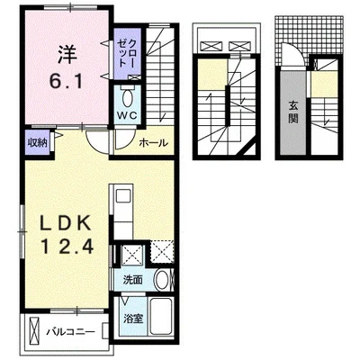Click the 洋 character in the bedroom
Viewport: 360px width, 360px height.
click(67, 54)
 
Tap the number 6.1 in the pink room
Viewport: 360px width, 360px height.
click(66, 81)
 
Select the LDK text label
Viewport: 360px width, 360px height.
click(66, 223)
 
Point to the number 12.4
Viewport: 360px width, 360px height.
click(67, 247)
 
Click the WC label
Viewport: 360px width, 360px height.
click(127, 115)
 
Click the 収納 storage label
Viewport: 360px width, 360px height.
click(38, 143)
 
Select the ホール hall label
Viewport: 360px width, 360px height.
click(153, 142)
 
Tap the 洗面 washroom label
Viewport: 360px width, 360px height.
click(132, 280)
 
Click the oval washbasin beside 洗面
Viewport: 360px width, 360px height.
click(162, 279)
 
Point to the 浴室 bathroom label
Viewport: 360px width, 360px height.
click(133, 319)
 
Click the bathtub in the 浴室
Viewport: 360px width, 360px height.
click(161, 317)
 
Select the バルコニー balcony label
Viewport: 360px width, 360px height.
click(71, 332)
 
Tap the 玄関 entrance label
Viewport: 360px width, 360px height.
click(293, 112)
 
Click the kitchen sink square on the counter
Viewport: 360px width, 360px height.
click(122, 197)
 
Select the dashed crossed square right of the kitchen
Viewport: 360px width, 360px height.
click(162, 251)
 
